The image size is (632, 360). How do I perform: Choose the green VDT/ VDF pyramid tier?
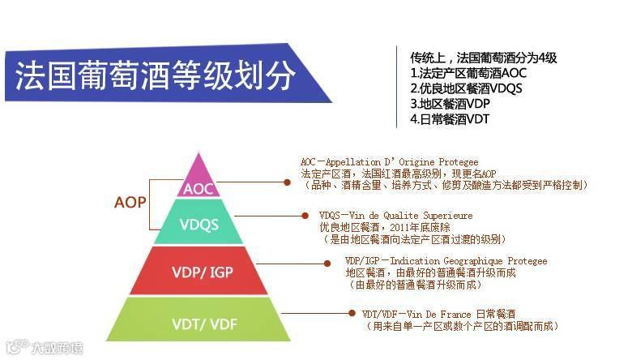[x=198, y=322]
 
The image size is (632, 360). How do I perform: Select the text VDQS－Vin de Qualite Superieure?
[x=396, y=216]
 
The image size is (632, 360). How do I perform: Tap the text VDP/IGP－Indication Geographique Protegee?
[x=446, y=261]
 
